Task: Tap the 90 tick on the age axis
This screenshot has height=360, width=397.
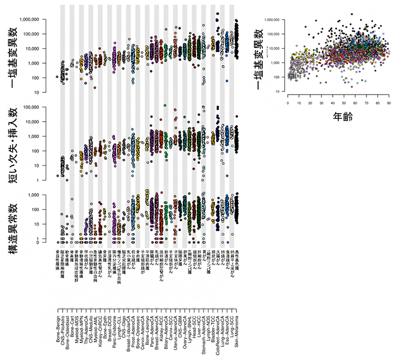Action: [x=388, y=104]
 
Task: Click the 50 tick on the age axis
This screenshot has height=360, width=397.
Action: [x=343, y=104]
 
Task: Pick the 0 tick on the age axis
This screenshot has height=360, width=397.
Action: [x=288, y=104]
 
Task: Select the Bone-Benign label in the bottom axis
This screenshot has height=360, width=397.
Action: [x=57, y=334]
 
